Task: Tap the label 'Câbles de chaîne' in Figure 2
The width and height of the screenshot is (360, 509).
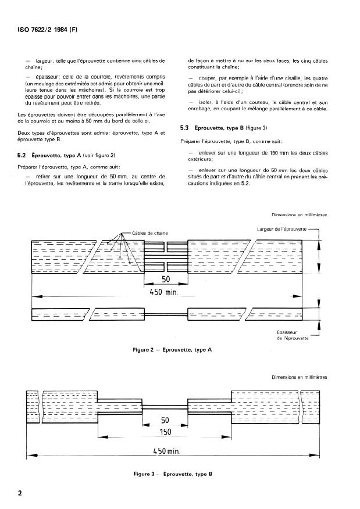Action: coord(149,233)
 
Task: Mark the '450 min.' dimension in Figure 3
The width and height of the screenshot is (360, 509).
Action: coord(169,450)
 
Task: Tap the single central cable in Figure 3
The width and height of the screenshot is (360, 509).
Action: coord(165,406)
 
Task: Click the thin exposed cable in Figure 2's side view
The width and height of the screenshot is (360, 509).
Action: coord(167,315)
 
